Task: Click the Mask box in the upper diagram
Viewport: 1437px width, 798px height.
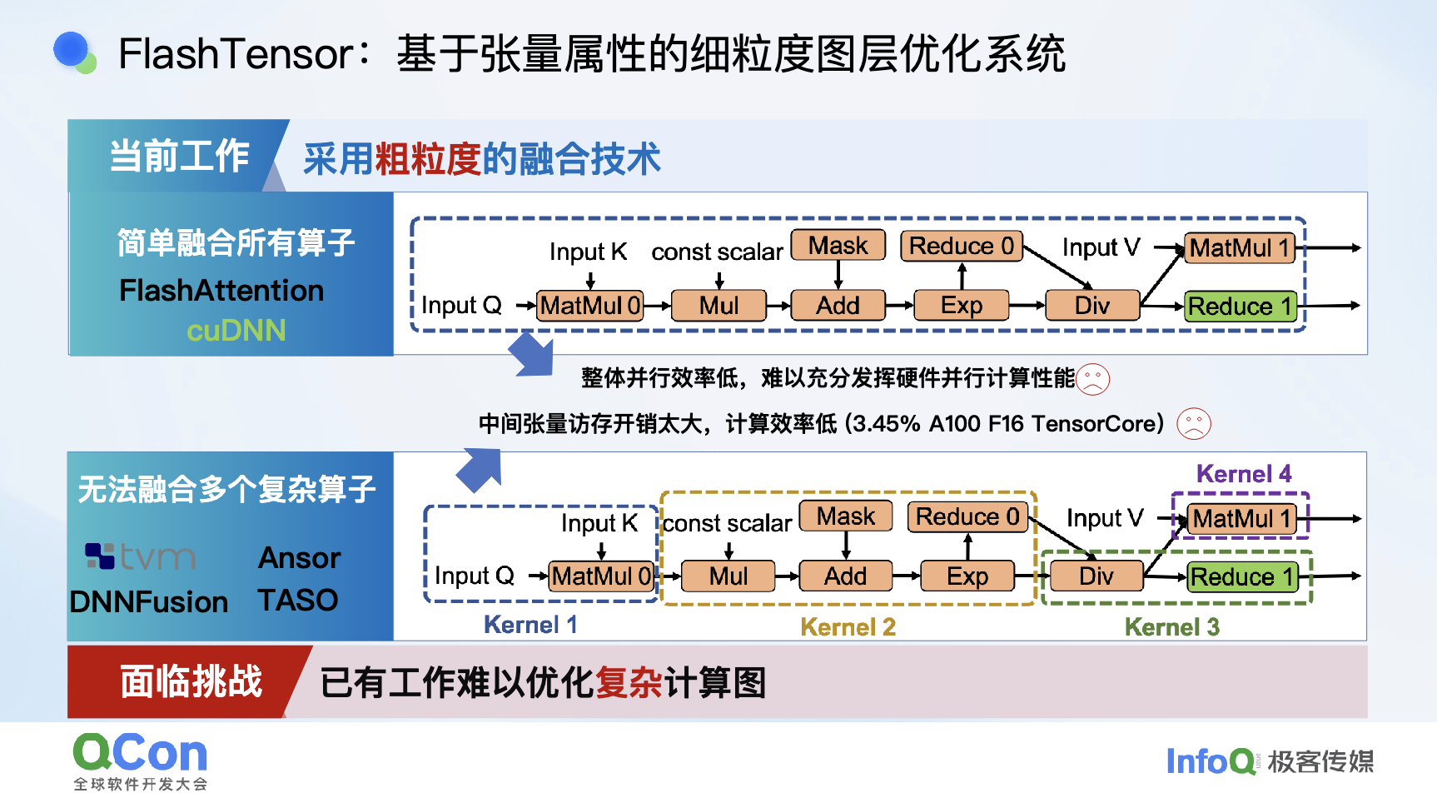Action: tap(838, 246)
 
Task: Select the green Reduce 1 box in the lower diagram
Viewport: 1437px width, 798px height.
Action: tap(1242, 576)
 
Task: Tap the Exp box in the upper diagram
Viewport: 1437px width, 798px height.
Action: tap(962, 306)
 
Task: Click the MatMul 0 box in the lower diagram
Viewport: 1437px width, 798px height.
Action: tap(602, 576)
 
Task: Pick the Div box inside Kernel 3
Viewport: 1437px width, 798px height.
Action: tap(1096, 576)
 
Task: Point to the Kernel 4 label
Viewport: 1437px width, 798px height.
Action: tap(1244, 474)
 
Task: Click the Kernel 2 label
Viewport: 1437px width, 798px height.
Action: tap(848, 627)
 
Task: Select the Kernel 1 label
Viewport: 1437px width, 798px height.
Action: tap(530, 625)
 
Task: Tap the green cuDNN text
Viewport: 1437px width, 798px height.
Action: tap(236, 331)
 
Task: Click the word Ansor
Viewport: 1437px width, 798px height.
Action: tap(300, 558)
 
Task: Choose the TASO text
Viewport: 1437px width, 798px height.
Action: tap(298, 600)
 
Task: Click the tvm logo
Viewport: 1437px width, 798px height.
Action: tap(141, 556)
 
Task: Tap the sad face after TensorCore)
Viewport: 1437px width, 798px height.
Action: tap(1193, 424)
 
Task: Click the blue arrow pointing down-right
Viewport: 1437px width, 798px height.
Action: tap(531, 354)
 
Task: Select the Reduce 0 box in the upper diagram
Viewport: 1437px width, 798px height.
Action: tap(962, 246)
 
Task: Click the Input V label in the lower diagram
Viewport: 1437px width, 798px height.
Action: tap(1105, 518)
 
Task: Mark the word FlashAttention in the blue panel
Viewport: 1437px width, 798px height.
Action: tap(221, 291)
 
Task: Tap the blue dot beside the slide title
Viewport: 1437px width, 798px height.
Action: tap(72, 49)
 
